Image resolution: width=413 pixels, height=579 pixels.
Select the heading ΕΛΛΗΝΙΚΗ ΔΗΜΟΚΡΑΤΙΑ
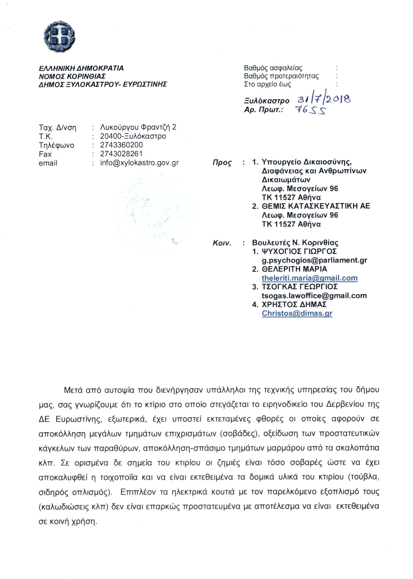81,68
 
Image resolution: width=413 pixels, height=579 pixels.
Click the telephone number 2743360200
121,145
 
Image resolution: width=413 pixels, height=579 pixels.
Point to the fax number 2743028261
121,154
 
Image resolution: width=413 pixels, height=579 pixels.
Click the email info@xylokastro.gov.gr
139,163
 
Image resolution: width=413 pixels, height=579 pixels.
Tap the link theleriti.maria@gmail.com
309,278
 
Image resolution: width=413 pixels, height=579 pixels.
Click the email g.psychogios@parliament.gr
314,260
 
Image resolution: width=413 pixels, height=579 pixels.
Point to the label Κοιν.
222,243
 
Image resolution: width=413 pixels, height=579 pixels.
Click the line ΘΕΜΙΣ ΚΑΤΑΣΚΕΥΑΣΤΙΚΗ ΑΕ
316,206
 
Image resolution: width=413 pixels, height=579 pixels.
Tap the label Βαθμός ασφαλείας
273,68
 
